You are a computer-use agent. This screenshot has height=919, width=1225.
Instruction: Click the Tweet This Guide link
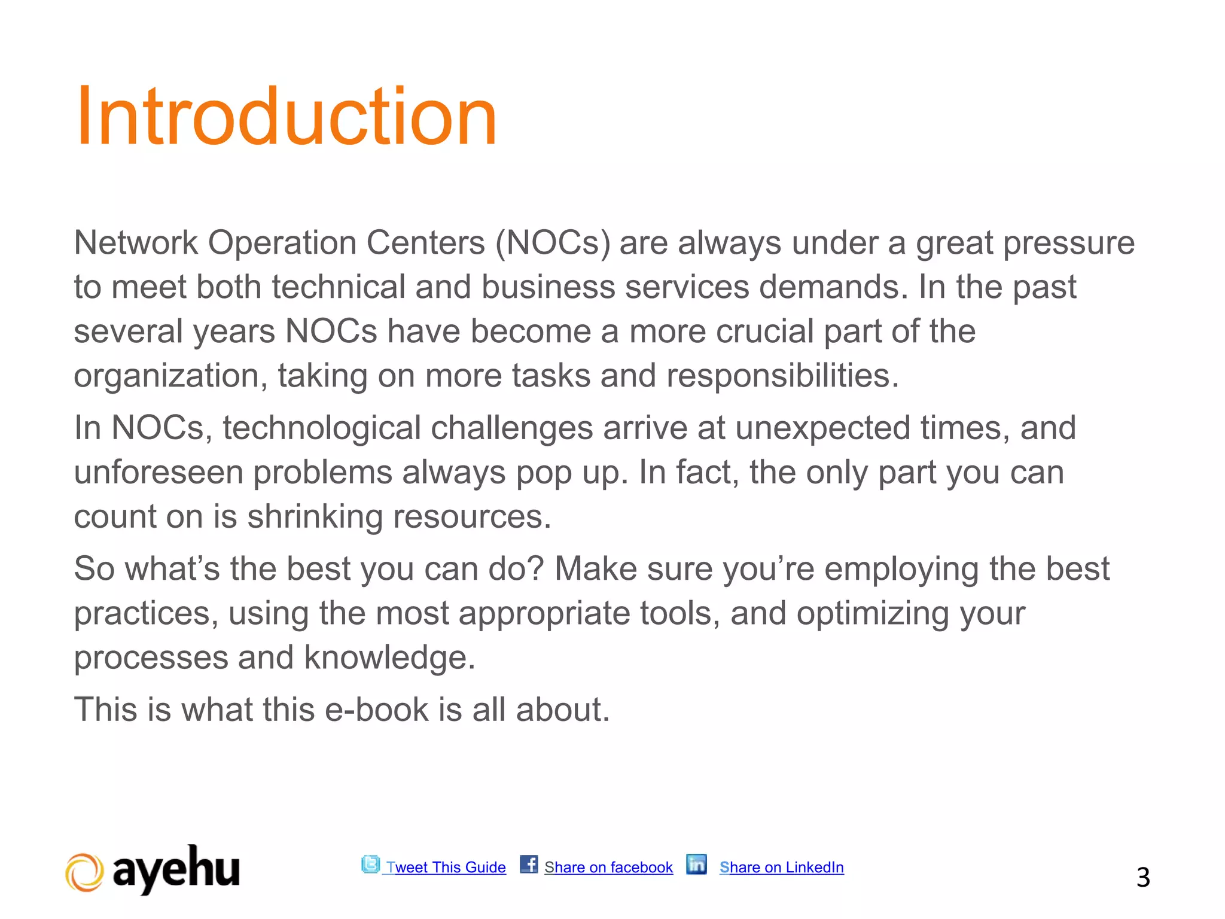[x=446, y=867]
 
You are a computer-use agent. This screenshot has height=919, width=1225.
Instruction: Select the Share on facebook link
[x=608, y=867]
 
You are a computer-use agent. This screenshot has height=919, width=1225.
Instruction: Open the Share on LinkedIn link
[x=781, y=867]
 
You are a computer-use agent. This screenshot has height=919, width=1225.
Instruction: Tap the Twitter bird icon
[x=370, y=864]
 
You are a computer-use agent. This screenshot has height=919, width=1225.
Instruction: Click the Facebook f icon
[x=529, y=864]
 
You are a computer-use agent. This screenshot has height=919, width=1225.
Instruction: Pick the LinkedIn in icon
[x=696, y=864]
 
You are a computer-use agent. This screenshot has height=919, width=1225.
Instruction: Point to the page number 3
[x=1143, y=878]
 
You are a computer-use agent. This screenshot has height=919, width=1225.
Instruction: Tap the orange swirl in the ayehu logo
[x=84, y=873]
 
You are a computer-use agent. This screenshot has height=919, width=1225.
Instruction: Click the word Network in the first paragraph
[x=136, y=243]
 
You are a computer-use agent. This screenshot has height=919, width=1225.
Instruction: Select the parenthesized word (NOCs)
[x=553, y=243]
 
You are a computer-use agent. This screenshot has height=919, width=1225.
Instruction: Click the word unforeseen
[x=159, y=473]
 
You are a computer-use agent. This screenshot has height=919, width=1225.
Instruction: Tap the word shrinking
[x=315, y=516]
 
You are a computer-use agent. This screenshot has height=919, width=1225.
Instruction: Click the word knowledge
[x=389, y=658]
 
